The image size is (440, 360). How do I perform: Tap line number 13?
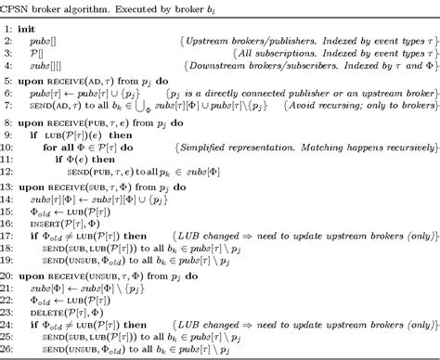pos(9,186)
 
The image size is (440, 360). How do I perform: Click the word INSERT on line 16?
pos(54,225)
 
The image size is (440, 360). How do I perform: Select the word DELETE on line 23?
pos(54,314)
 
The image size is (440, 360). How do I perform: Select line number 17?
pos(9,238)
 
